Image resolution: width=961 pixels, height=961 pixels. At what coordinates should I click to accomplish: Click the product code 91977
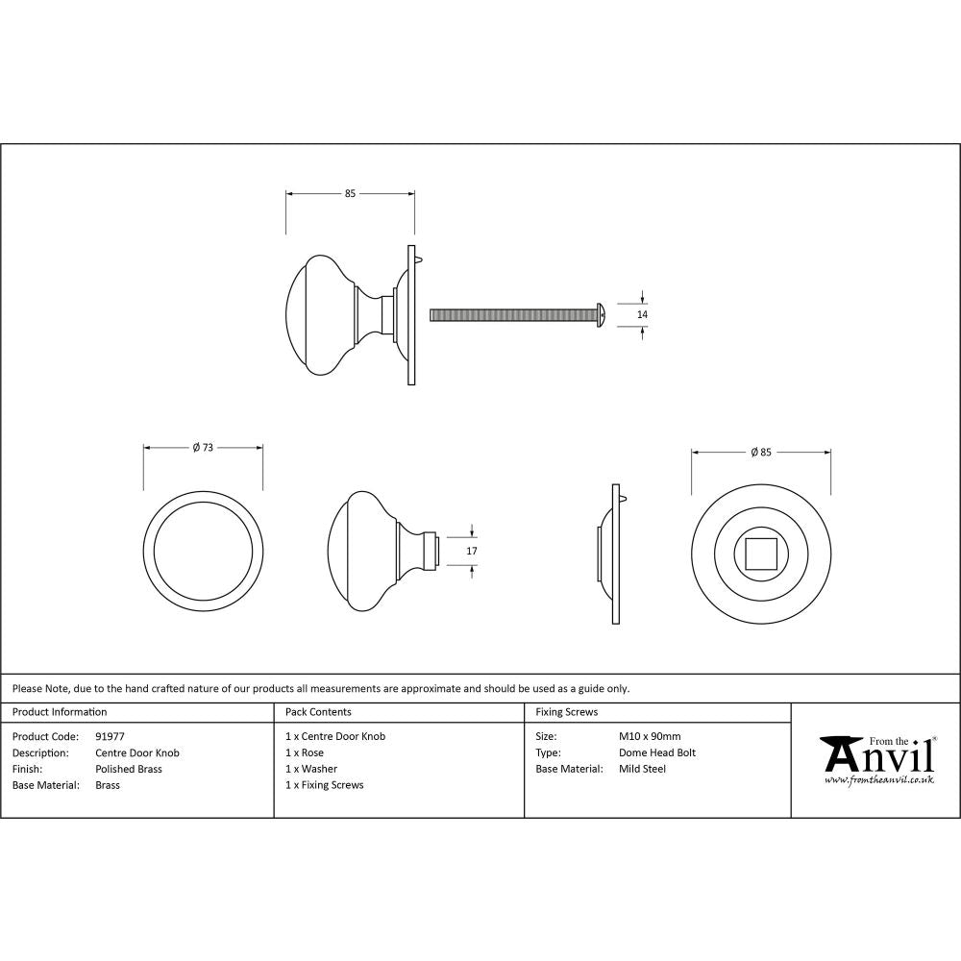(111, 737)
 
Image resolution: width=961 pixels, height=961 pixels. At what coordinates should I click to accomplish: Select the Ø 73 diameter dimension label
(202, 447)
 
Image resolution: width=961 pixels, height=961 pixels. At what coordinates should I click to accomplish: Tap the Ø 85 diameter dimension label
(760, 452)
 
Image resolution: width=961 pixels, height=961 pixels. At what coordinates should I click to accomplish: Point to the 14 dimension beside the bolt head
(643, 314)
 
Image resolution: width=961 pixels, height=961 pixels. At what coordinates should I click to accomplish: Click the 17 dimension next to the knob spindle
(471, 551)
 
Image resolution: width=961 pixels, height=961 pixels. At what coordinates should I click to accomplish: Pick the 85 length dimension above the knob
(350, 194)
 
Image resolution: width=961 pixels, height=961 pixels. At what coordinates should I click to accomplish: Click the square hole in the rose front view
(761, 555)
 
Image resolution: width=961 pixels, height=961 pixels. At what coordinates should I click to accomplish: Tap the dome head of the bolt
(600, 314)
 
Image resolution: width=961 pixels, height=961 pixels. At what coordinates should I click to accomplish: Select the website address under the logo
(878, 780)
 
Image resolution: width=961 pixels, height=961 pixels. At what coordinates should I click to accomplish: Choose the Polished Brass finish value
(129, 769)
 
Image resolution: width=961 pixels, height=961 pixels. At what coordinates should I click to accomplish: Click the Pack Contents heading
(318, 712)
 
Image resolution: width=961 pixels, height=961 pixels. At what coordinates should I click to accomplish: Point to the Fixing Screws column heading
(567, 712)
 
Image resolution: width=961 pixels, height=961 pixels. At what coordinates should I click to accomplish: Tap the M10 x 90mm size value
(650, 737)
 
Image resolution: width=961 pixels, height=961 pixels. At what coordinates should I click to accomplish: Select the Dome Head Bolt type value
(657, 752)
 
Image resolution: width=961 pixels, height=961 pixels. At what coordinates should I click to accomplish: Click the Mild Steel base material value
(642, 769)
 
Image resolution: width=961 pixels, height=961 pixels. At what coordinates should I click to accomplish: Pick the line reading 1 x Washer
(311, 769)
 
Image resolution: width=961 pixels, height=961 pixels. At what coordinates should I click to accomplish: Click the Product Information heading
(60, 712)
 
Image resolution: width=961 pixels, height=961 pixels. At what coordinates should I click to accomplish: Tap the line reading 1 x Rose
(305, 752)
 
